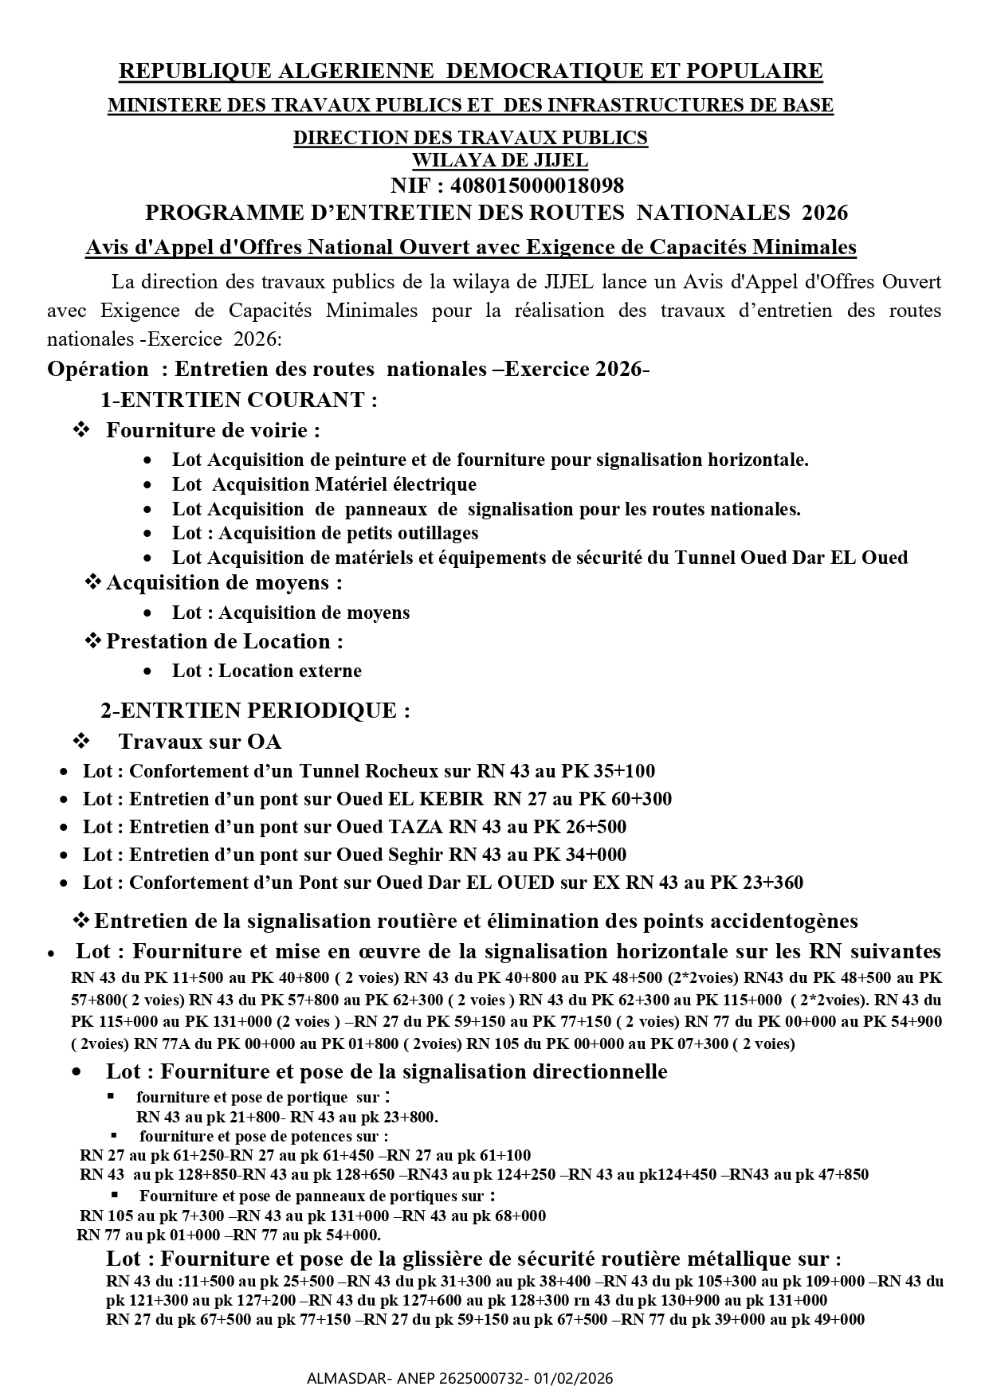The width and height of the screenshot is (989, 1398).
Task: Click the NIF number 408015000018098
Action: tap(537, 186)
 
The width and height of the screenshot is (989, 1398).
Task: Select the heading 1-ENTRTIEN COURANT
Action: tap(239, 400)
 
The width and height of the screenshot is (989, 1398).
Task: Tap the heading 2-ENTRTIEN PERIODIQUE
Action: tap(255, 710)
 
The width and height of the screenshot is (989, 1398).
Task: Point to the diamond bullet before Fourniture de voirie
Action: tap(81, 430)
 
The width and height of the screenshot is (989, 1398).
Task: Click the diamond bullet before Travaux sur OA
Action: tap(81, 742)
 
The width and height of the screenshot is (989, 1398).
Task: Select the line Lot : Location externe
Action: tap(266, 671)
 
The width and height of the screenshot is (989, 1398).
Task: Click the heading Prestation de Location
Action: tap(225, 641)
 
